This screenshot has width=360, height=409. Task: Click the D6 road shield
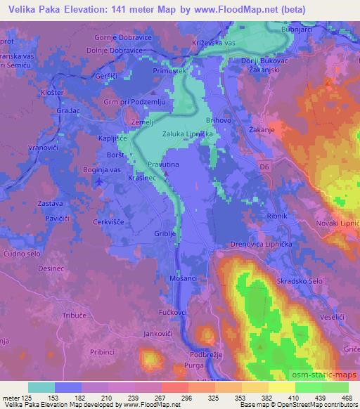click(x=264, y=167)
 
